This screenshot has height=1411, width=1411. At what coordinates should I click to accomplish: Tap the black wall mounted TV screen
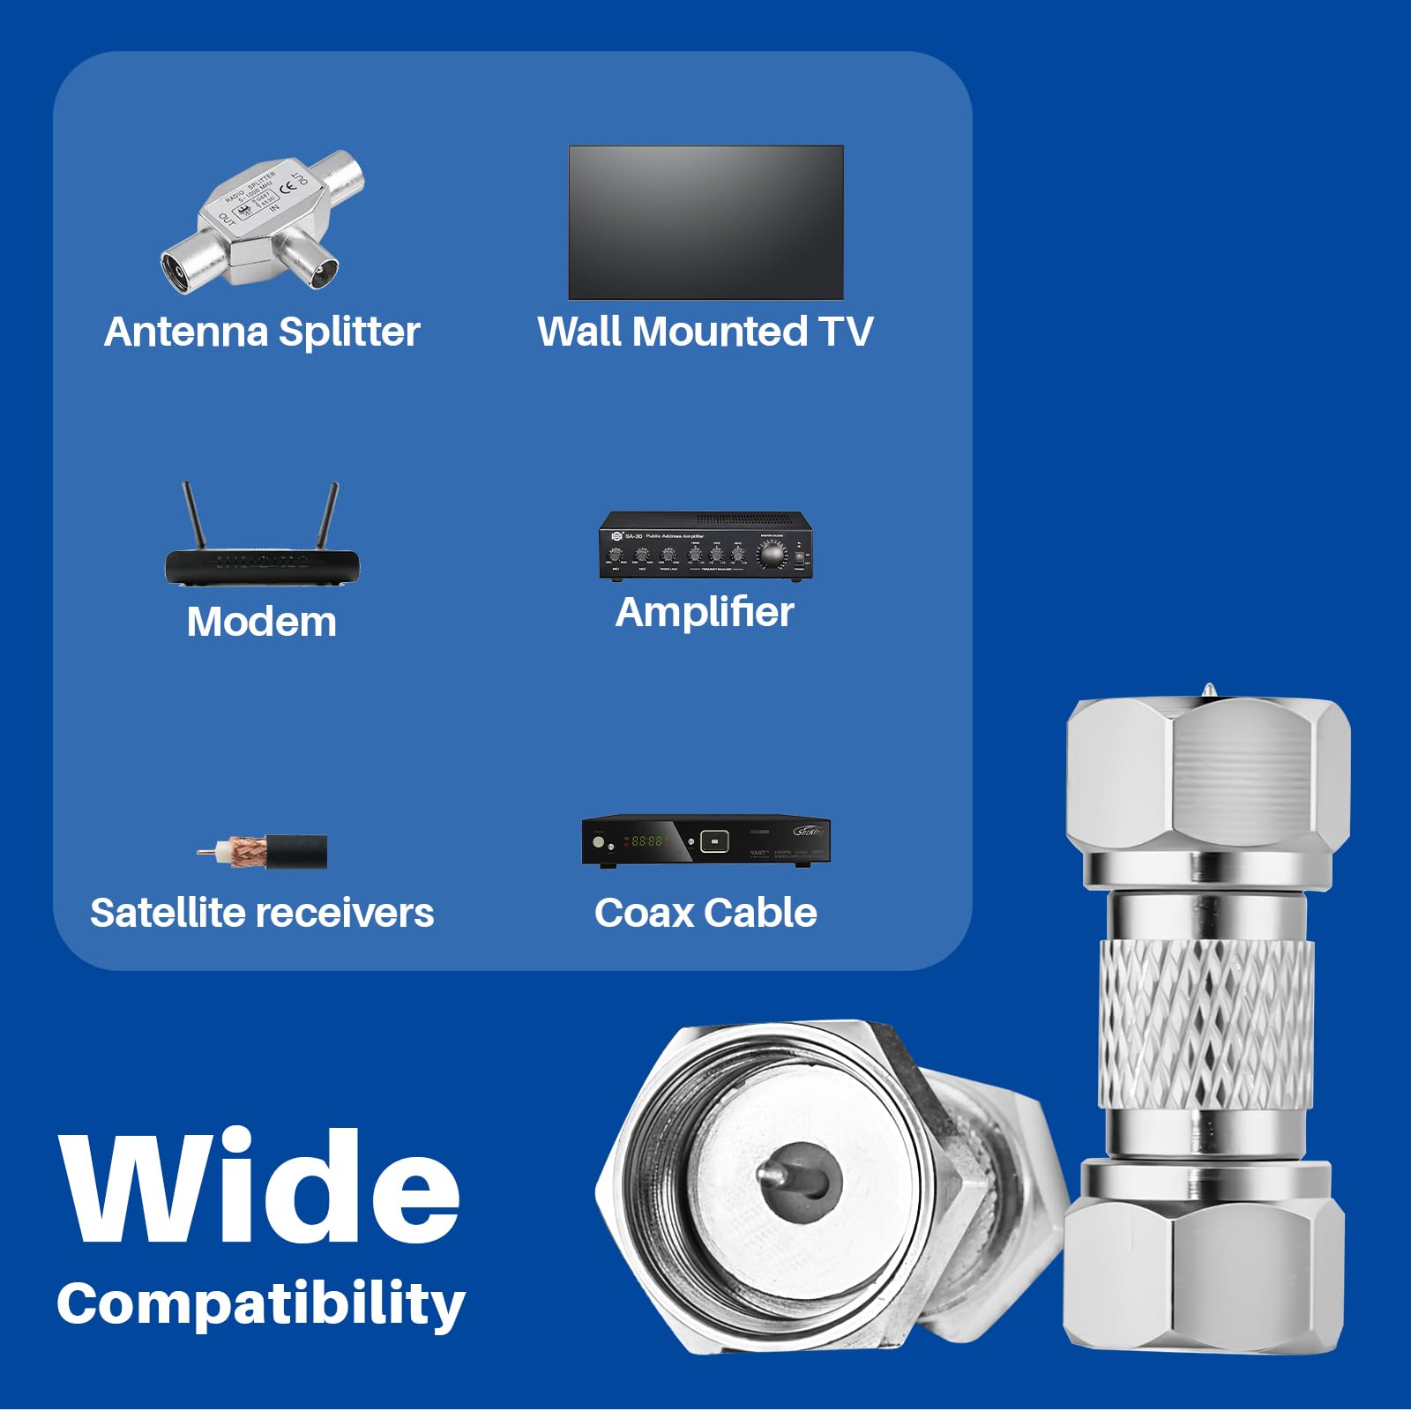coord(705,222)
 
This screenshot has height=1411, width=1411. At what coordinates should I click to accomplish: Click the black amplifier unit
coord(705,546)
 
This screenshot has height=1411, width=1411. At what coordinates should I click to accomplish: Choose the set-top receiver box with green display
coord(705,840)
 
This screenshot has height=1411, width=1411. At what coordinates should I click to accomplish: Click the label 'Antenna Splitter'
coord(262,332)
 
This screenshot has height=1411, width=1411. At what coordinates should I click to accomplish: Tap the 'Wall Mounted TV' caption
coord(705,332)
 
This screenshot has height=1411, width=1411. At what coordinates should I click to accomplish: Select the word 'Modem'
coord(262,623)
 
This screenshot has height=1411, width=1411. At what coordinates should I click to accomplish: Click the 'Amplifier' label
coord(705,613)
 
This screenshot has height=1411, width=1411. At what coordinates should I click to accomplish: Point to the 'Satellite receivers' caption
coord(262,914)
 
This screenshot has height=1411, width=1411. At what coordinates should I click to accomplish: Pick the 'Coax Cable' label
coord(705,914)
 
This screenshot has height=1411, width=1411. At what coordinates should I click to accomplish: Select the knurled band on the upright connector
coord(1206,1023)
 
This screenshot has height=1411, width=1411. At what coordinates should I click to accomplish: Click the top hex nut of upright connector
coord(1208,776)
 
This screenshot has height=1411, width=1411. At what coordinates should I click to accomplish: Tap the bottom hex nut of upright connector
coord(1205,1270)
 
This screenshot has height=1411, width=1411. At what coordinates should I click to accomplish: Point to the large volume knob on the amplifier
coord(772,554)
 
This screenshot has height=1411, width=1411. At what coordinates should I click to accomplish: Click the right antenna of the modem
coord(328,517)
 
